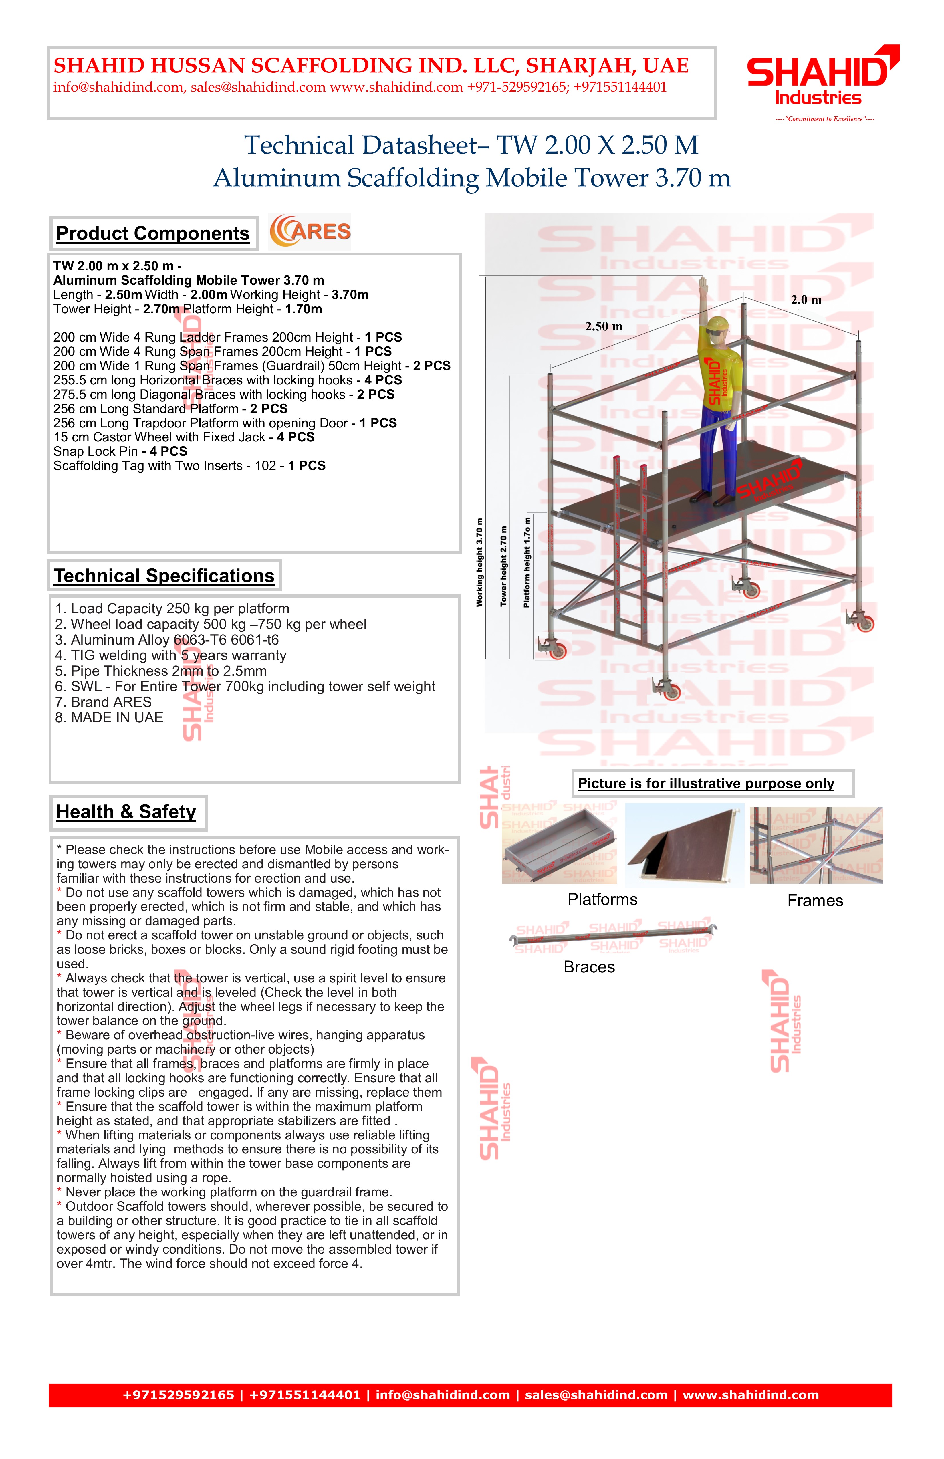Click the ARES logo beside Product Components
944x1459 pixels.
coord(310,231)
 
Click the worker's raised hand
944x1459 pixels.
coord(704,287)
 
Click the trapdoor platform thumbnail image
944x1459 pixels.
coord(684,845)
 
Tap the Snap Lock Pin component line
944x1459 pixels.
coord(120,451)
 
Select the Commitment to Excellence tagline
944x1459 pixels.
coord(824,119)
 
